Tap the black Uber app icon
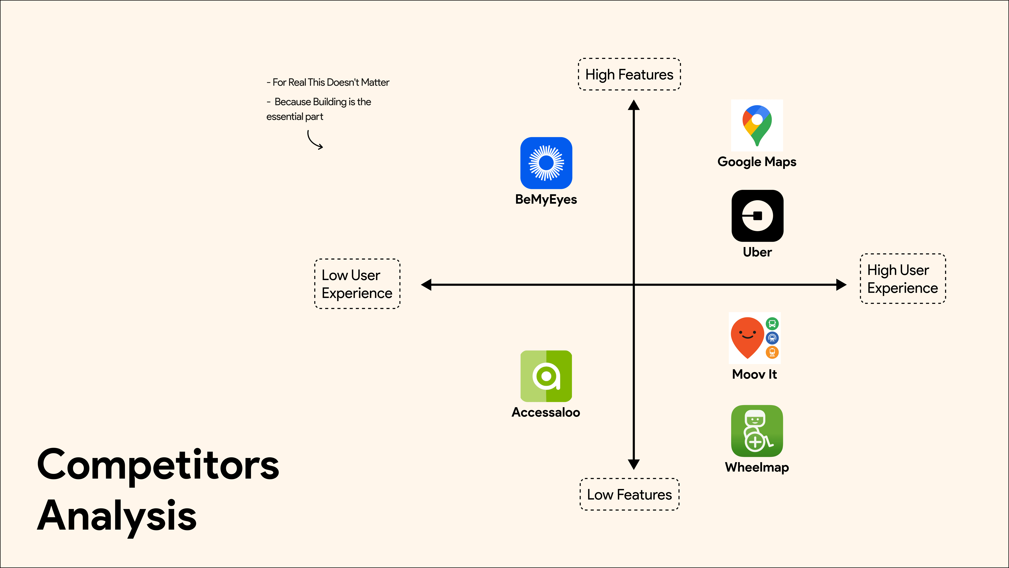coord(757,216)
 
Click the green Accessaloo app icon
coord(546,376)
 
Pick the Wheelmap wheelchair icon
coord(757,431)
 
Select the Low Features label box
coord(629,494)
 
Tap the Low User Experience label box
coord(357,284)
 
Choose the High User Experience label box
coord(902,279)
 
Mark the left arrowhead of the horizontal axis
coord(426,285)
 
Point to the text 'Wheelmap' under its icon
coord(757,467)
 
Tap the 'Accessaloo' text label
coord(546,412)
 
